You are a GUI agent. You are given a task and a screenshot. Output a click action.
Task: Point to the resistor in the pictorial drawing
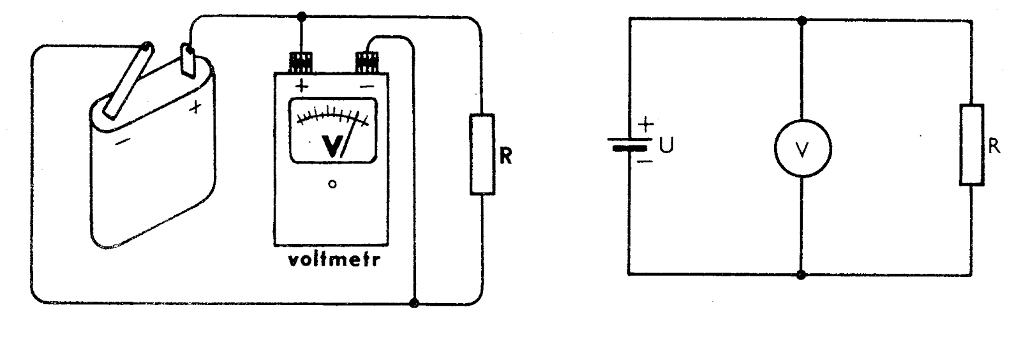point(482,154)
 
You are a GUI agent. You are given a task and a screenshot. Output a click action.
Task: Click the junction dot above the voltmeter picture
point(302,15)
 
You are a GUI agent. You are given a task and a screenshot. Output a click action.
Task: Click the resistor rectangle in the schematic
point(972,145)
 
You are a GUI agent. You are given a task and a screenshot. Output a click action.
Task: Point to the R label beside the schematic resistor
point(994,146)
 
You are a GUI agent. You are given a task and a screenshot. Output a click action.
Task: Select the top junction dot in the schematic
point(803,20)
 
